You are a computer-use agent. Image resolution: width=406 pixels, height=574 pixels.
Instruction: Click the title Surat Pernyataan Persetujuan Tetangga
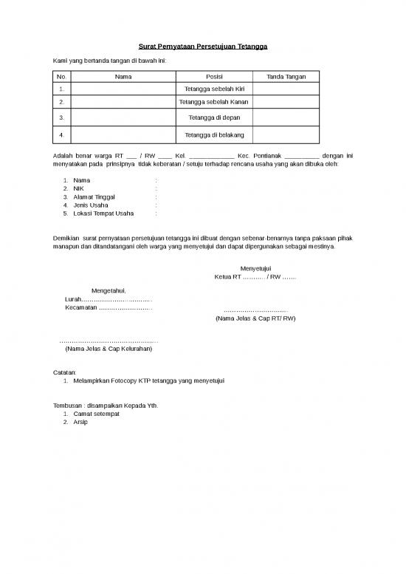click(x=203, y=47)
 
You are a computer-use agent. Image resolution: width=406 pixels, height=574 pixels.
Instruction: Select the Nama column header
click(x=124, y=77)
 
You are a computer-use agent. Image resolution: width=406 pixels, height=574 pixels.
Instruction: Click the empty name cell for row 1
click(x=124, y=89)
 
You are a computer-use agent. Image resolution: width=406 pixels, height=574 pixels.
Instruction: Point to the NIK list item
click(x=78, y=188)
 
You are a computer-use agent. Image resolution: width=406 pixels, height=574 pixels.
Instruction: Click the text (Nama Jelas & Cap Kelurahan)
click(x=109, y=349)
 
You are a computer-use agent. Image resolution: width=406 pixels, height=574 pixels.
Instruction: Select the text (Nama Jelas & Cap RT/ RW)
click(x=255, y=319)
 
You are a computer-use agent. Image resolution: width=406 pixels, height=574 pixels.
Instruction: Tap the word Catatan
click(x=66, y=372)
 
